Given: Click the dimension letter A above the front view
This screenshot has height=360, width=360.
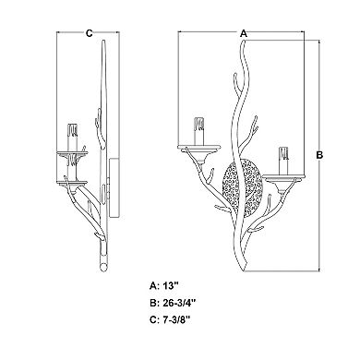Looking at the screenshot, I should click(x=243, y=32).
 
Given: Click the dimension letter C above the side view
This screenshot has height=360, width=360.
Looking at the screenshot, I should click(x=90, y=32).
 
